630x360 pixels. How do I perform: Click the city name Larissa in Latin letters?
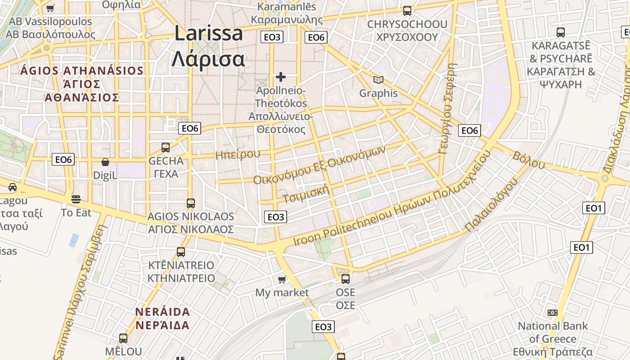click(209, 34)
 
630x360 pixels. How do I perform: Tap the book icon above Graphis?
click(378, 80)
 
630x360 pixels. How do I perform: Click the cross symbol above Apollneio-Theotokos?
click(281, 77)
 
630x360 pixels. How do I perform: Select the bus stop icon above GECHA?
click(166, 147)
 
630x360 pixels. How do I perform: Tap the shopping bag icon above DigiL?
click(105, 162)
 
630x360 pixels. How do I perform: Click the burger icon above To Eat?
click(76, 199)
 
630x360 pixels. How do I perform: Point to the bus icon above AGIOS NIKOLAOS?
click(191, 203)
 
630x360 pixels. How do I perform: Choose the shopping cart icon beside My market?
click(282, 280)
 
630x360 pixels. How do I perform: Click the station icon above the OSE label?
click(346, 279)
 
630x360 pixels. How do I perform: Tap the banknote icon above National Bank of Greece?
click(553, 313)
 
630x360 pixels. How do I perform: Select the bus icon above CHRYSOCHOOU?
click(407, 10)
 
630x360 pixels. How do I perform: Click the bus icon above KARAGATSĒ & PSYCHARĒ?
click(561, 32)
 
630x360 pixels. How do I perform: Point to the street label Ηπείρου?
click(238, 154)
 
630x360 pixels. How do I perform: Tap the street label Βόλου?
click(528, 160)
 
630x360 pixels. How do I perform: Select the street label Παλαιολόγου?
click(492, 205)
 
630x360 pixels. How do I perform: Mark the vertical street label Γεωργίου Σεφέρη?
click(449, 108)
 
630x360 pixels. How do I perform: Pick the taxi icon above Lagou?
click(13, 187)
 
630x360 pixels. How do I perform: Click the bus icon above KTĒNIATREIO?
click(181, 252)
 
